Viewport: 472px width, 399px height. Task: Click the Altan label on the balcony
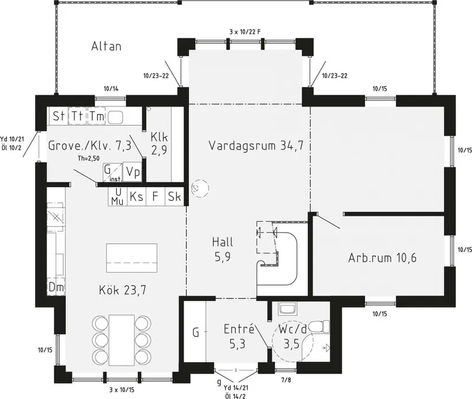(x=106, y=46)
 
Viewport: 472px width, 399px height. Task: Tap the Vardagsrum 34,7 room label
(x=256, y=145)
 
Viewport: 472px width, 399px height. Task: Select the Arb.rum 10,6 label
(x=382, y=258)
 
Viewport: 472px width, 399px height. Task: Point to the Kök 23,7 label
(x=122, y=290)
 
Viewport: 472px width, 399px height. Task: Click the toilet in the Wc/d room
(x=320, y=327)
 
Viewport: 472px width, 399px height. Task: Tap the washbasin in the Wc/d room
(x=288, y=309)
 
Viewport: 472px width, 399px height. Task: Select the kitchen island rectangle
(x=132, y=258)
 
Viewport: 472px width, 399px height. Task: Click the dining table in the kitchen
(x=122, y=340)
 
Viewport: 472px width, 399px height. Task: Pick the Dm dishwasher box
(x=56, y=288)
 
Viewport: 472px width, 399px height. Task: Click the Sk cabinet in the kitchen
(x=175, y=196)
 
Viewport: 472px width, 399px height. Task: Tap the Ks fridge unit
(x=136, y=196)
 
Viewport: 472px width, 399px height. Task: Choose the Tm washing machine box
(x=96, y=116)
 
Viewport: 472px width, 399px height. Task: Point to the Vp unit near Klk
(x=133, y=172)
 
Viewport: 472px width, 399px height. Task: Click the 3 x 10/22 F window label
(x=245, y=31)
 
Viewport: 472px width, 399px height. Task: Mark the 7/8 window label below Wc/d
(x=286, y=380)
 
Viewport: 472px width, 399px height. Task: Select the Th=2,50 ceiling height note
(x=89, y=158)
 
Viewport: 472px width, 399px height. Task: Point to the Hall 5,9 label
(x=223, y=249)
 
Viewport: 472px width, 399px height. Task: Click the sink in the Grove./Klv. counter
(x=115, y=117)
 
